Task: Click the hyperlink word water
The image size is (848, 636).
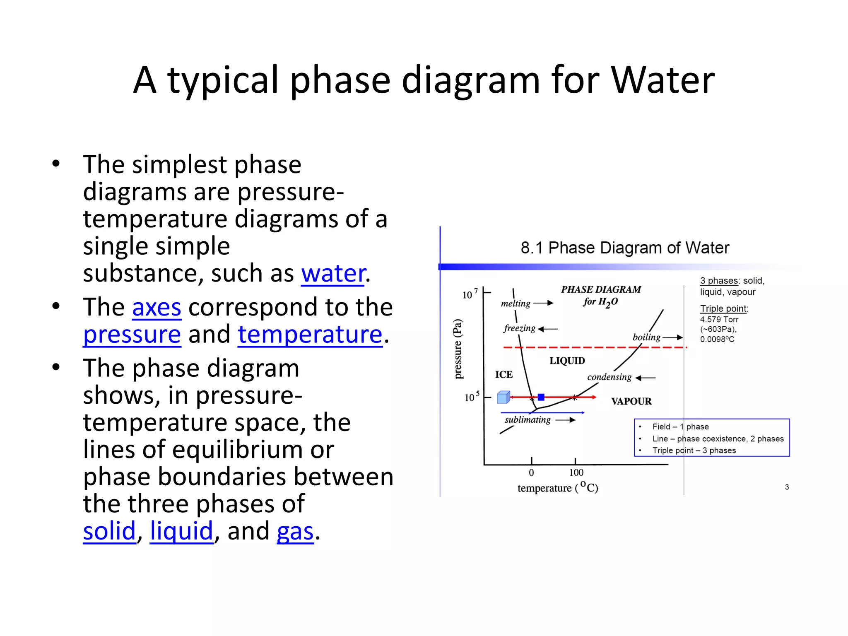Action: tap(333, 274)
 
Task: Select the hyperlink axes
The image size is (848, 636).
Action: tap(157, 308)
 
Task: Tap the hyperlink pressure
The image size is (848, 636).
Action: tap(132, 335)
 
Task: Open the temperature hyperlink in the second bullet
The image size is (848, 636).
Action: tap(310, 335)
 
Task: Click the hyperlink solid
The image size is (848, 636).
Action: tap(109, 531)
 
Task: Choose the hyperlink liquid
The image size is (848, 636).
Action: tap(181, 531)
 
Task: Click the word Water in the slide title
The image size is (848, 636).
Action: tap(662, 80)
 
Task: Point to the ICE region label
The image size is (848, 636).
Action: tap(504, 375)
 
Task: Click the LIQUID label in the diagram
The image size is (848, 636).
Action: tap(567, 361)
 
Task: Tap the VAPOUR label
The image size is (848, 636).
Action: tap(631, 401)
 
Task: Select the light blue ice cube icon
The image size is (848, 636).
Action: tap(503, 397)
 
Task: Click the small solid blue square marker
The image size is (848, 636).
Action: tap(541, 397)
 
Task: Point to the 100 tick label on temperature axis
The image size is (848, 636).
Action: tap(576, 472)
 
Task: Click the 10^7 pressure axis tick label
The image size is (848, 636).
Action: tap(470, 294)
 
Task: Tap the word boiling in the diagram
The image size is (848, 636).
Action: tap(646, 337)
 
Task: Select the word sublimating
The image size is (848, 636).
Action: tap(528, 420)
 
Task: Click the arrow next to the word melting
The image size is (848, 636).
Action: tap(543, 303)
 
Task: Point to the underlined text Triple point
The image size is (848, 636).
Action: tap(723, 308)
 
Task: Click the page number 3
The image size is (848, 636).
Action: tap(787, 487)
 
